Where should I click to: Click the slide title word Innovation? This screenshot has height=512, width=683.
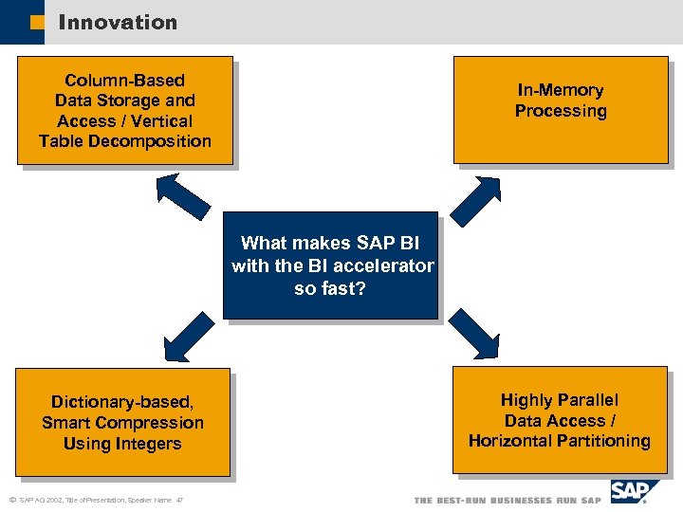118,22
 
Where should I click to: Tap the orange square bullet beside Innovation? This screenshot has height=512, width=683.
36,23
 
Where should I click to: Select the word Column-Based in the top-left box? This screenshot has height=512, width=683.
124,81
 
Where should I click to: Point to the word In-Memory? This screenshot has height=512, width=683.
560,90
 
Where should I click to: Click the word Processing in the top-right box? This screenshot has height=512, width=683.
560,111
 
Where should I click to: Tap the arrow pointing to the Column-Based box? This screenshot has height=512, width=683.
182,196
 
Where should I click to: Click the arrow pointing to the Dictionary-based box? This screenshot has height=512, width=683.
189,333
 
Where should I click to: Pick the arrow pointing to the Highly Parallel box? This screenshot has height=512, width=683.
472,332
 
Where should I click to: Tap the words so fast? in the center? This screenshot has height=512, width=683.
329,288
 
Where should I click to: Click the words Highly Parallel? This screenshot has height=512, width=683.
559,400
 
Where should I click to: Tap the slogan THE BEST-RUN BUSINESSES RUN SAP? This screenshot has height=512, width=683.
508,500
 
